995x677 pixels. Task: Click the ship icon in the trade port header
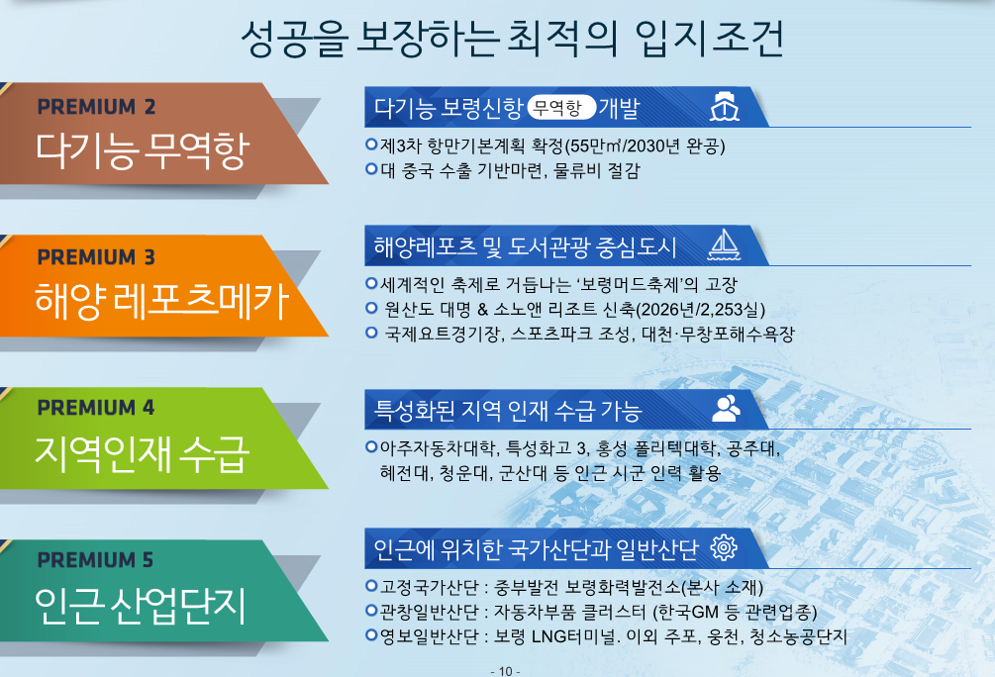pyautogui.click(x=724, y=107)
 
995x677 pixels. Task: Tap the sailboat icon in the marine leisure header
pyautogui.click(x=724, y=244)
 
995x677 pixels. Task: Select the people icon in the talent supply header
pyautogui.click(x=726, y=409)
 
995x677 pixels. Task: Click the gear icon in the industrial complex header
pyautogui.click(x=724, y=547)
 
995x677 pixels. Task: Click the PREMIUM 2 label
pyautogui.click(x=96, y=107)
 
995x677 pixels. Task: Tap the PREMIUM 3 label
pyautogui.click(x=96, y=257)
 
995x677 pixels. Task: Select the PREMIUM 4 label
pyautogui.click(x=96, y=408)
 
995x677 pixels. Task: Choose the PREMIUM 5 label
pyautogui.click(x=96, y=559)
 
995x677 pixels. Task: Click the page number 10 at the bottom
pyautogui.click(x=506, y=671)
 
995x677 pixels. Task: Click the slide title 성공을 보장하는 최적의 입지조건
pyautogui.click(x=513, y=39)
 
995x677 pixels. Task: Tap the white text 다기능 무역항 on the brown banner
pyautogui.click(x=143, y=151)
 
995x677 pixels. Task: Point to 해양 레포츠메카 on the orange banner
pyautogui.click(x=162, y=300)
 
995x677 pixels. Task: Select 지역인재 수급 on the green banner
pyautogui.click(x=143, y=453)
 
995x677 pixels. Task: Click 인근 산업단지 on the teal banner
pyautogui.click(x=141, y=606)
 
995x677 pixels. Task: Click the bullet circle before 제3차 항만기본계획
pyautogui.click(x=372, y=145)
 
